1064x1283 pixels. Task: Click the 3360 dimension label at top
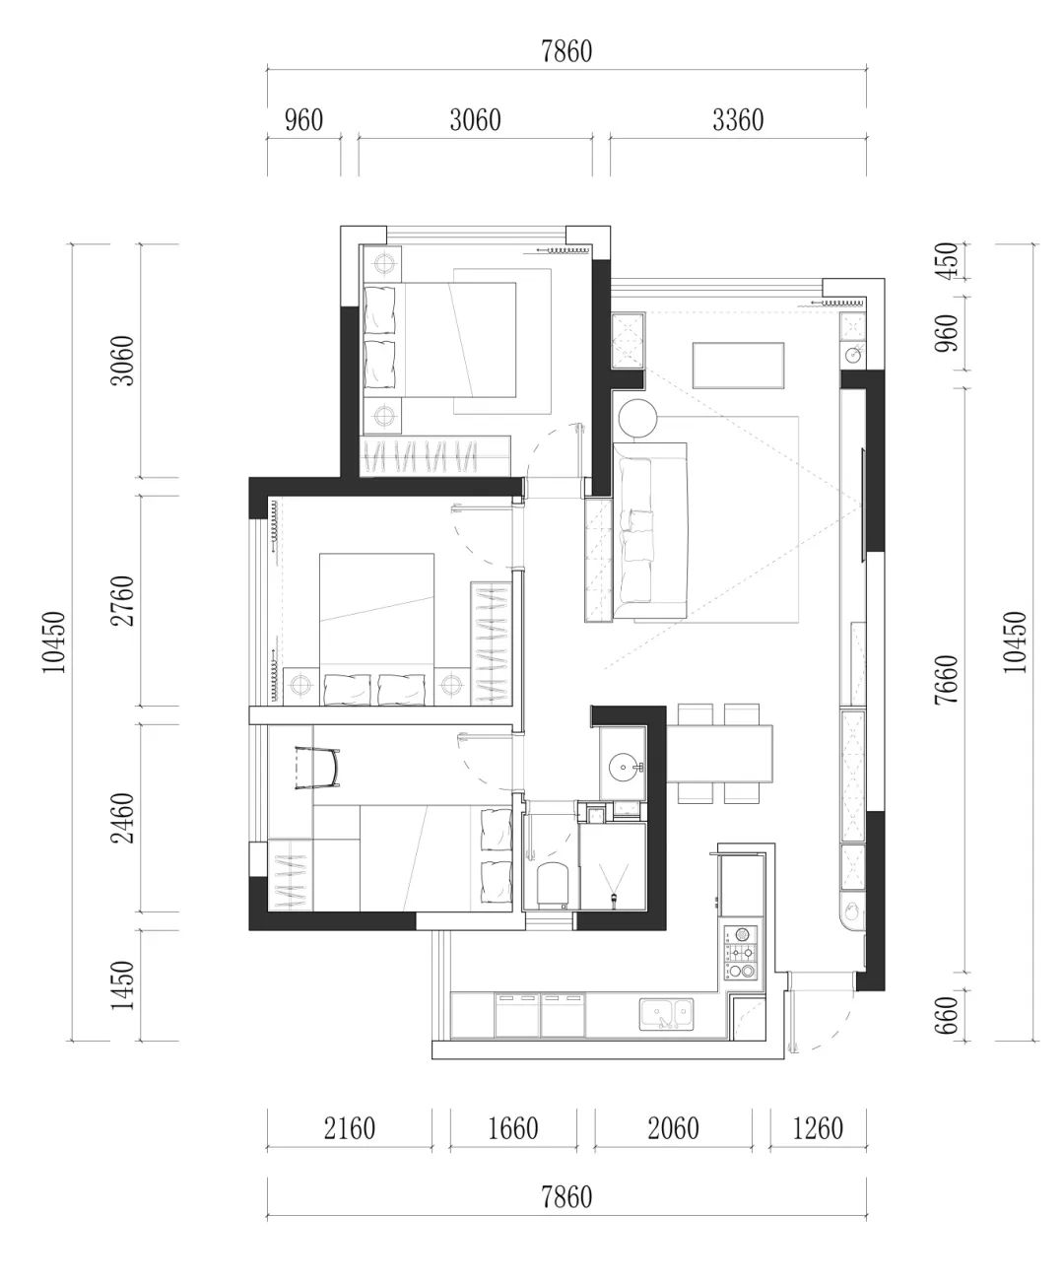point(738,120)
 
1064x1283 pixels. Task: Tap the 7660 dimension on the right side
point(947,680)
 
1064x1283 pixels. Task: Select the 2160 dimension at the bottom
point(350,1128)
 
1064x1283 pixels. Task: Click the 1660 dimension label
point(513,1128)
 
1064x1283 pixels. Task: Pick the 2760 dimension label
point(122,600)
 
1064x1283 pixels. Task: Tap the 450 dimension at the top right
point(949,261)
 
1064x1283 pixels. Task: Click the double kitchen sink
point(667,1013)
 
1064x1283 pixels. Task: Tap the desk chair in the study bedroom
point(317,768)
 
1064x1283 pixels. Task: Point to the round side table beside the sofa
point(638,417)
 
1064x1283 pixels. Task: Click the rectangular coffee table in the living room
point(739,366)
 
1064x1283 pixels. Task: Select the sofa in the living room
point(650,530)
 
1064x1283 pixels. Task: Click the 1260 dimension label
point(818,1128)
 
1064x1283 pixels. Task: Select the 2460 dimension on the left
point(122,818)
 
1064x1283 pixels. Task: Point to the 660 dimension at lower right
point(947,1015)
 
